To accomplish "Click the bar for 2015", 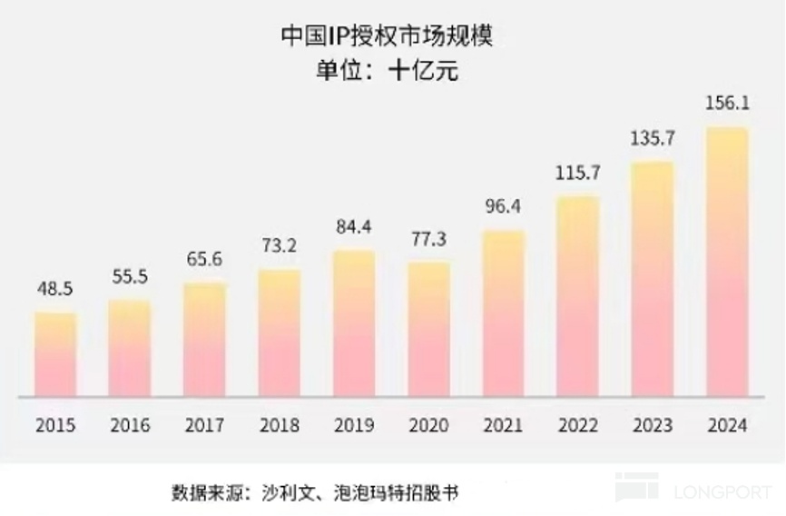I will pos(55,354).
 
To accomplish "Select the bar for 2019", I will pos(354,323).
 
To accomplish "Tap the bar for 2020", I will pos(428,329).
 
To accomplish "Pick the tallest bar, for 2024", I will pos(727,262).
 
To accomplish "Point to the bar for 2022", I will pos(578,296).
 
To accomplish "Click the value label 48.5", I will pos(55,290).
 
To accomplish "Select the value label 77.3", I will pos(428,240).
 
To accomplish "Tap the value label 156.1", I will pos(727,104).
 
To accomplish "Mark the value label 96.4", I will pos(503,207).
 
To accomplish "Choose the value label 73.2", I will pos(280,246).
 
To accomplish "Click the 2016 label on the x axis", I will pos(130,425).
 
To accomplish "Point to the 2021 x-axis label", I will pos(503,425).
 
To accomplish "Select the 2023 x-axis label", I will pos(653,425).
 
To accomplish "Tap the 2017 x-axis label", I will pos(204,425).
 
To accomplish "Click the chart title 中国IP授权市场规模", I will pos(391,36).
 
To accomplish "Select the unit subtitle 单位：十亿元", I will pos(391,71).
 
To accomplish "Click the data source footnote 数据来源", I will pos(314,493).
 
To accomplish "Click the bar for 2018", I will pos(280,332).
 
